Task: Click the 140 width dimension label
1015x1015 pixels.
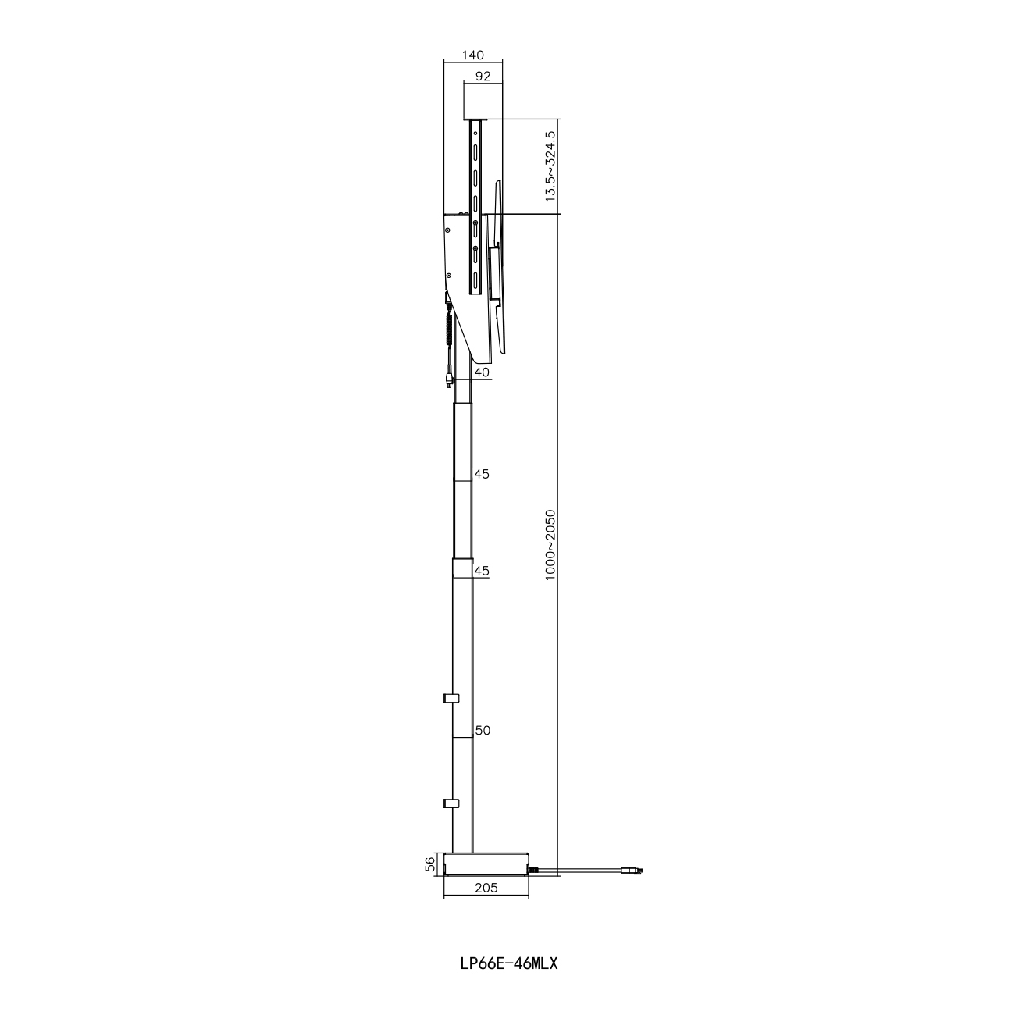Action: [x=472, y=55]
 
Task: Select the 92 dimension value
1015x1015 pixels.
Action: [x=483, y=77]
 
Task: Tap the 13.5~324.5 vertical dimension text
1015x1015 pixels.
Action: [x=550, y=166]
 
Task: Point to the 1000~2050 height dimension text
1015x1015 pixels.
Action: [x=550, y=545]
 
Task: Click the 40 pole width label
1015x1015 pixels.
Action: [x=482, y=372]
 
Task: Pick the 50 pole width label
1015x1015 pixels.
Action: [x=483, y=731]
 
